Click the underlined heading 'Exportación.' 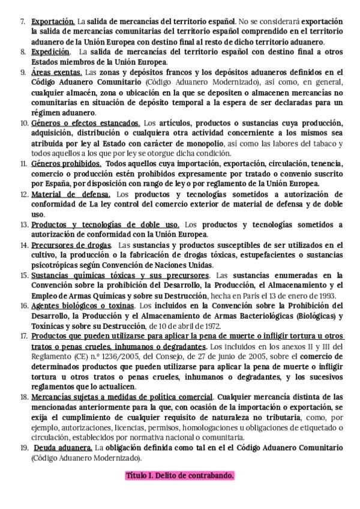[53, 20]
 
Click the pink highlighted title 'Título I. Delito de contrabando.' [180, 475]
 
